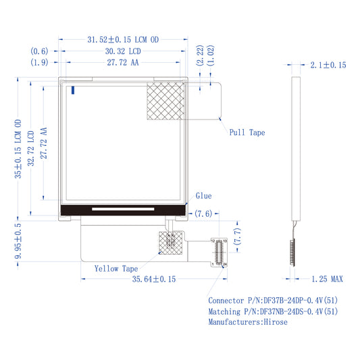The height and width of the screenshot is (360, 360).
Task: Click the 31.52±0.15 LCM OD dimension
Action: coord(123,40)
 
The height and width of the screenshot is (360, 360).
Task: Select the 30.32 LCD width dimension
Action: coord(123,51)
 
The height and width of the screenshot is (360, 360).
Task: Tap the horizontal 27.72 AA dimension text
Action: coord(123,62)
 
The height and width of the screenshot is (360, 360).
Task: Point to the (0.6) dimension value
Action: coord(39,51)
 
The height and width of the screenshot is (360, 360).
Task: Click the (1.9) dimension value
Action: coord(39,62)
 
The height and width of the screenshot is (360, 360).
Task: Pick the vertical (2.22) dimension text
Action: coord(200,55)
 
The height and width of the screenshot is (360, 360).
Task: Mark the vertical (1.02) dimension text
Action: coord(211,55)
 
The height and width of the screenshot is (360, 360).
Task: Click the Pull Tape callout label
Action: coord(247,132)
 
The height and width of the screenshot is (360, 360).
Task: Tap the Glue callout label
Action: coord(204,196)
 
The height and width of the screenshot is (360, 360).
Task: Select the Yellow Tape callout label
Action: coord(116,269)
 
